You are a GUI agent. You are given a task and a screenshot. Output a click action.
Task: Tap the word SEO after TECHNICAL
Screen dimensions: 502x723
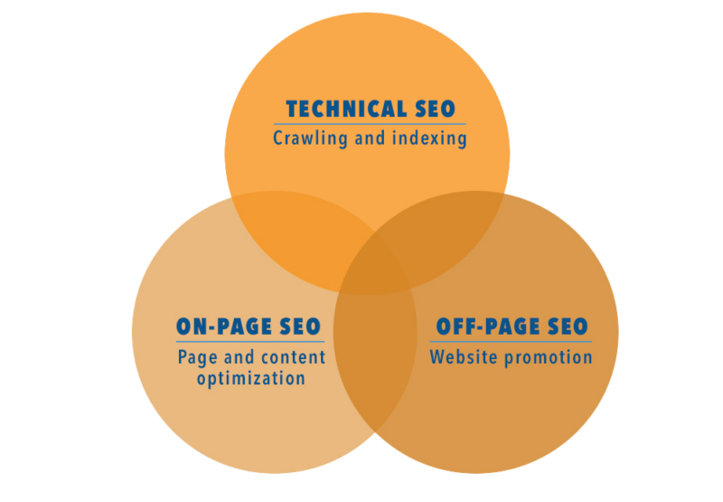click(436, 110)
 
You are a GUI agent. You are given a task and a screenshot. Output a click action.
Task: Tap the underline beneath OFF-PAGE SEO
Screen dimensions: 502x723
click(512, 341)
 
